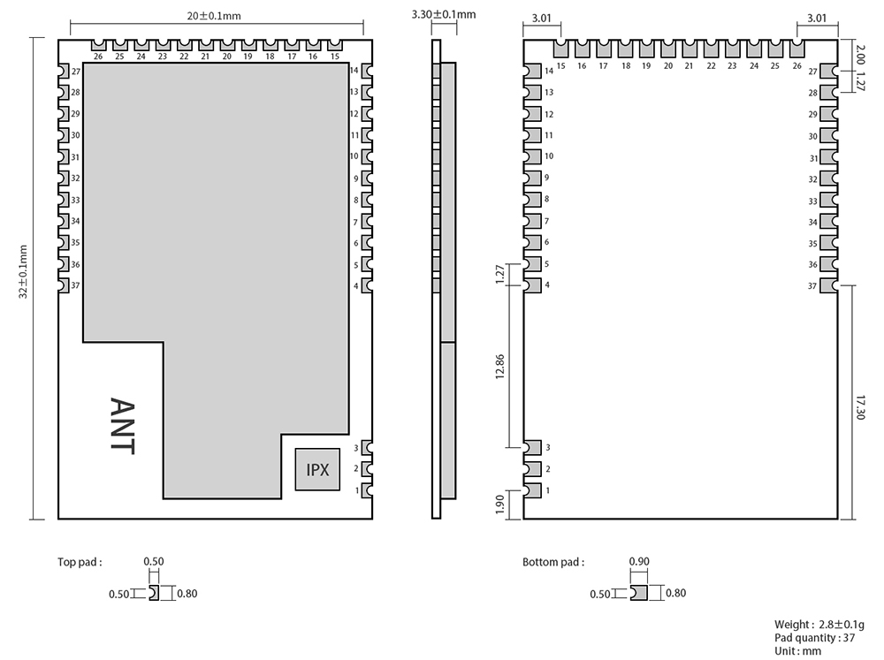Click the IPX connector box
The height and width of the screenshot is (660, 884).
[x=317, y=469]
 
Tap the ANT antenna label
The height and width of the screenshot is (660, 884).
[x=122, y=426]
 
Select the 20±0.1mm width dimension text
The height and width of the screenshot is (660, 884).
[x=214, y=16]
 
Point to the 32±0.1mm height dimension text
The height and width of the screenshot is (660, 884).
[x=23, y=271]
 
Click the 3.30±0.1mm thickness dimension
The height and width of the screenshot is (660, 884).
[x=444, y=14]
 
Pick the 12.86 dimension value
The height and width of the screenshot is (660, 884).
[x=500, y=367]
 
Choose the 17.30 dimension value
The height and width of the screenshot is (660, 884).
[x=860, y=407]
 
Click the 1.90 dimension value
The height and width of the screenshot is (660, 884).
[x=500, y=504]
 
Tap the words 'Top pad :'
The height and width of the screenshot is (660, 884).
[x=80, y=562]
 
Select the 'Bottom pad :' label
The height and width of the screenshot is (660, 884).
[x=553, y=562]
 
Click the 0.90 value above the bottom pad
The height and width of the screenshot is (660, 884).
[x=639, y=561]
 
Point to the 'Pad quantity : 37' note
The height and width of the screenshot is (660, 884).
[x=815, y=637]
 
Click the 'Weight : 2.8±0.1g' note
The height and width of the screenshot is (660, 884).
[x=819, y=625]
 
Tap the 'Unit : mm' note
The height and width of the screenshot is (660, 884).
[x=797, y=651]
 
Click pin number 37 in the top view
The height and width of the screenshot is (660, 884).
[x=75, y=285]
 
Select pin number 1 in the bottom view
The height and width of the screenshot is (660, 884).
[x=547, y=490]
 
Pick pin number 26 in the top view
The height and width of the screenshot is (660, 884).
[x=98, y=57]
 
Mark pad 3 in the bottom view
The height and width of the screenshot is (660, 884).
[x=532, y=448]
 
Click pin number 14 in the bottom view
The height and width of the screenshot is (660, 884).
[x=549, y=71]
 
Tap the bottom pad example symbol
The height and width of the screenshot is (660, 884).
[x=639, y=593]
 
